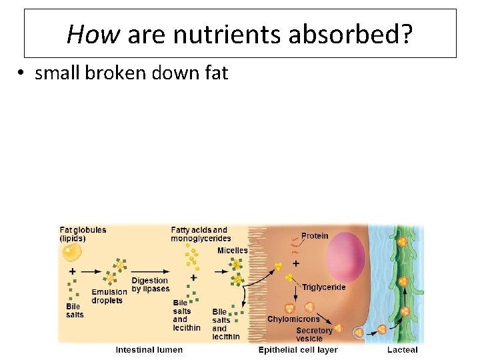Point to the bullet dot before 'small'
[x=22, y=73]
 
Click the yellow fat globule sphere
[x=71, y=253]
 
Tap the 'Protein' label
[x=315, y=235]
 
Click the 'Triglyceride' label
[x=324, y=287]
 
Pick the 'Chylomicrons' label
[x=293, y=319]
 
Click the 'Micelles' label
[x=232, y=251]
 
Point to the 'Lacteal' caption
[x=402, y=349]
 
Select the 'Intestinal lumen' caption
[x=149, y=349]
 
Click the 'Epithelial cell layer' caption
[x=298, y=349]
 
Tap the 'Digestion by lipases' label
[x=150, y=285]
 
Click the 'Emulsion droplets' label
[x=109, y=296]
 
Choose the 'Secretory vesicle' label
[x=314, y=334]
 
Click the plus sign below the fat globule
[x=72, y=271]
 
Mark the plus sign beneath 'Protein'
[x=295, y=264]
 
